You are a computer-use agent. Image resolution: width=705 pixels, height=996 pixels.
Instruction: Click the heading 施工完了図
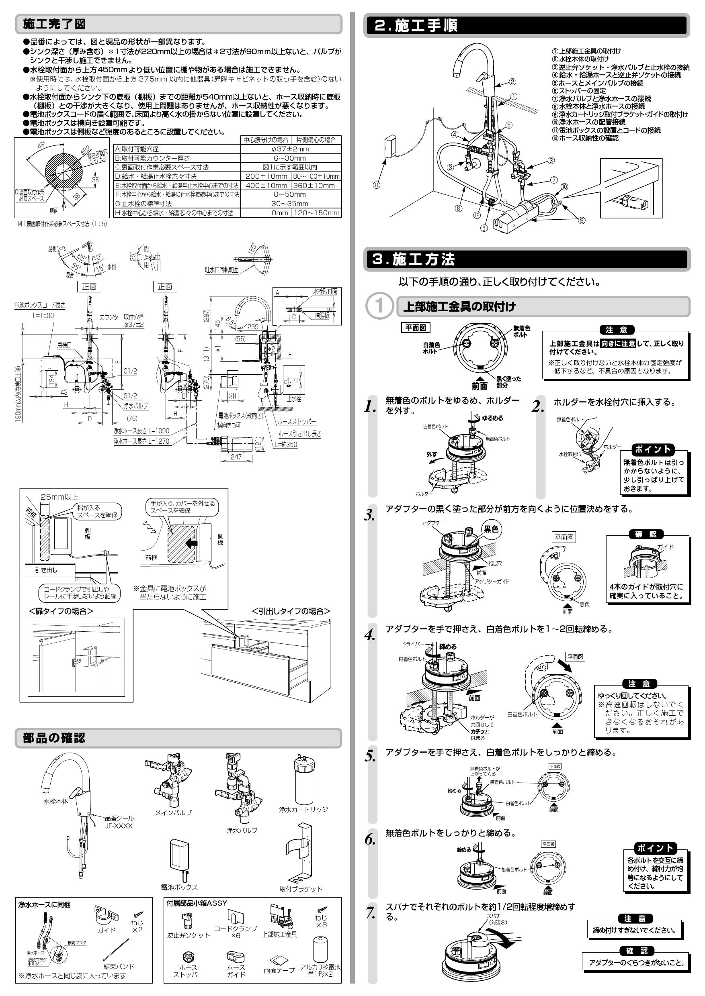pos(54,24)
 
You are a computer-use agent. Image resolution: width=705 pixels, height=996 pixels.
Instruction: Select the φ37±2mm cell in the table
pos(291,149)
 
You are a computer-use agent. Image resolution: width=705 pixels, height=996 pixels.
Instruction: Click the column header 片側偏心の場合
pos(316,140)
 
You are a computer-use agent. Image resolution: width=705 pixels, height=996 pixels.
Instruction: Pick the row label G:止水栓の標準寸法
pos(143,204)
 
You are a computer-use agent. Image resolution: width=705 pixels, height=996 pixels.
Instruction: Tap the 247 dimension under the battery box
pos(236,456)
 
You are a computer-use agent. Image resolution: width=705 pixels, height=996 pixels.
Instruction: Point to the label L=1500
pos(43,315)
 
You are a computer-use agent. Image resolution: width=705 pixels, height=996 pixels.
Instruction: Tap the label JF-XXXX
pos(118,826)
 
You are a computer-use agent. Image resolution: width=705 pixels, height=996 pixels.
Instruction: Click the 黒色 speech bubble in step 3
pos(492,529)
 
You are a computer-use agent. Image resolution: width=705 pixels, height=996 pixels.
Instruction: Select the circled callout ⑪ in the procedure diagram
pos(376,185)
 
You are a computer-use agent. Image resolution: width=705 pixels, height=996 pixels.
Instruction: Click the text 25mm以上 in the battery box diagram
pos(59,497)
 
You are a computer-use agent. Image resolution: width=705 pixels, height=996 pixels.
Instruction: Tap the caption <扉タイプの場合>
pos(61,611)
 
